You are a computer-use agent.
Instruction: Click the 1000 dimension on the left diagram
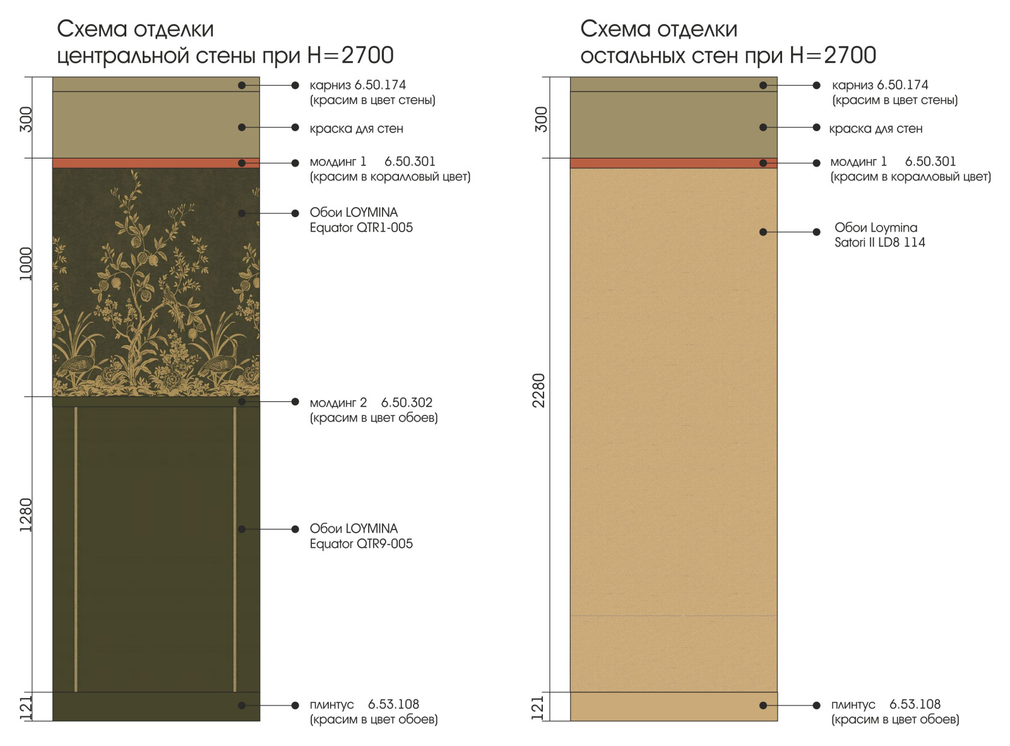26,263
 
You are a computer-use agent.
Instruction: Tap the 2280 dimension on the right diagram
538,390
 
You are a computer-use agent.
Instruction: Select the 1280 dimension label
26,514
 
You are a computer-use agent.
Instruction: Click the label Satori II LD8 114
879,242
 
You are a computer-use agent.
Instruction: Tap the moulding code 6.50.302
407,403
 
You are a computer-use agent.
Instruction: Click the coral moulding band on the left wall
156,163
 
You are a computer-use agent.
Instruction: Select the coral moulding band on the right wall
674,163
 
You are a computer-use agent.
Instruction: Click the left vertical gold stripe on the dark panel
76,549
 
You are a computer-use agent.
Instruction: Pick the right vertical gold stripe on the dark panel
235,549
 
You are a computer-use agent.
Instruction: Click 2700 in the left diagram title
367,56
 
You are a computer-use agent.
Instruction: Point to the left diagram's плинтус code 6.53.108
393,704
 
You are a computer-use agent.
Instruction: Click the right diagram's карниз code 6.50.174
903,85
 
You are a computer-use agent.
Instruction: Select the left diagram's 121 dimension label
26,708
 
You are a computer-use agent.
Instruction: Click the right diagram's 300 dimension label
541,119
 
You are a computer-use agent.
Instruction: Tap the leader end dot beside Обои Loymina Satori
816,232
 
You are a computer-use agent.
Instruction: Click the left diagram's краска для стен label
356,129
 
